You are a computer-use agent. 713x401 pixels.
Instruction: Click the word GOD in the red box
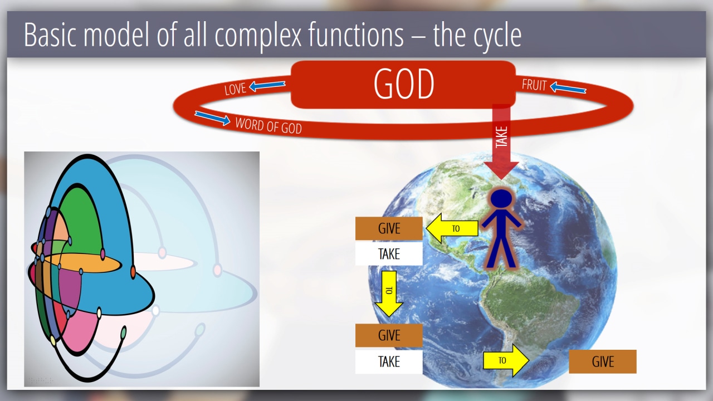(x=404, y=84)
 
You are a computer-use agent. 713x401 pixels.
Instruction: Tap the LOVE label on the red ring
(x=235, y=89)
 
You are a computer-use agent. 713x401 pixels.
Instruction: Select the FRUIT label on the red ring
(x=534, y=85)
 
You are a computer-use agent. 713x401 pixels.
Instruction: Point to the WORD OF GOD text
(x=268, y=126)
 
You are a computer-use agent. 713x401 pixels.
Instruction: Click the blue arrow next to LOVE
(x=267, y=86)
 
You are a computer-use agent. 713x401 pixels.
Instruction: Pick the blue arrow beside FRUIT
(x=568, y=88)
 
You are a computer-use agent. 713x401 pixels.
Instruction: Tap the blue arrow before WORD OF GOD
(x=213, y=118)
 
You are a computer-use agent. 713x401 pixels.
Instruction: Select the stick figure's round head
(x=501, y=199)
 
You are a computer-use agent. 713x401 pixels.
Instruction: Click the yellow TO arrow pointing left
(x=452, y=228)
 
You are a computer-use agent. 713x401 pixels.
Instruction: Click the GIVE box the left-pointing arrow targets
(x=389, y=228)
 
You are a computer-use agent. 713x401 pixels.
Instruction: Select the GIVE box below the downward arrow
(x=389, y=335)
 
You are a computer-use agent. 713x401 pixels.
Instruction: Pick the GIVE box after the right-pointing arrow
(x=603, y=361)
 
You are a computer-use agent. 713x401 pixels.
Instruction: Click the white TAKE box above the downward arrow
(x=389, y=254)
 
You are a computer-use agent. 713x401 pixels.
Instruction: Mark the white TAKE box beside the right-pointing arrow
(x=389, y=362)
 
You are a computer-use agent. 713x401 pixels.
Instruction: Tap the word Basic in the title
(x=50, y=35)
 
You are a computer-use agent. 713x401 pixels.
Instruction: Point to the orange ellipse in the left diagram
(x=82, y=263)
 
